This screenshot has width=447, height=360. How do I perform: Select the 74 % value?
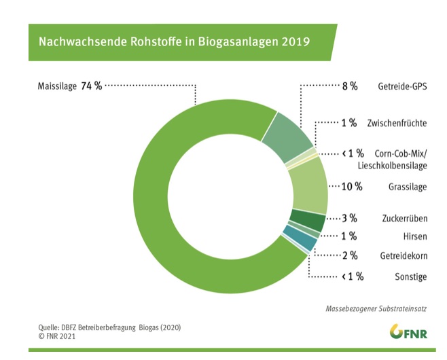click(x=92, y=86)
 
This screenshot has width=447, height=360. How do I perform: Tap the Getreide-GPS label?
click(x=402, y=87)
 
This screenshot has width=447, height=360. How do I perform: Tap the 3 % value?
click(x=349, y=219)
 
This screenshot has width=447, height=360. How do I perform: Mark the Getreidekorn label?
click(x=402, y=255)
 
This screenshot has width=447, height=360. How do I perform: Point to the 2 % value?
click(x=349, y=255)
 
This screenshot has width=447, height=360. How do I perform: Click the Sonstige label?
click(x=410, y=276)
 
